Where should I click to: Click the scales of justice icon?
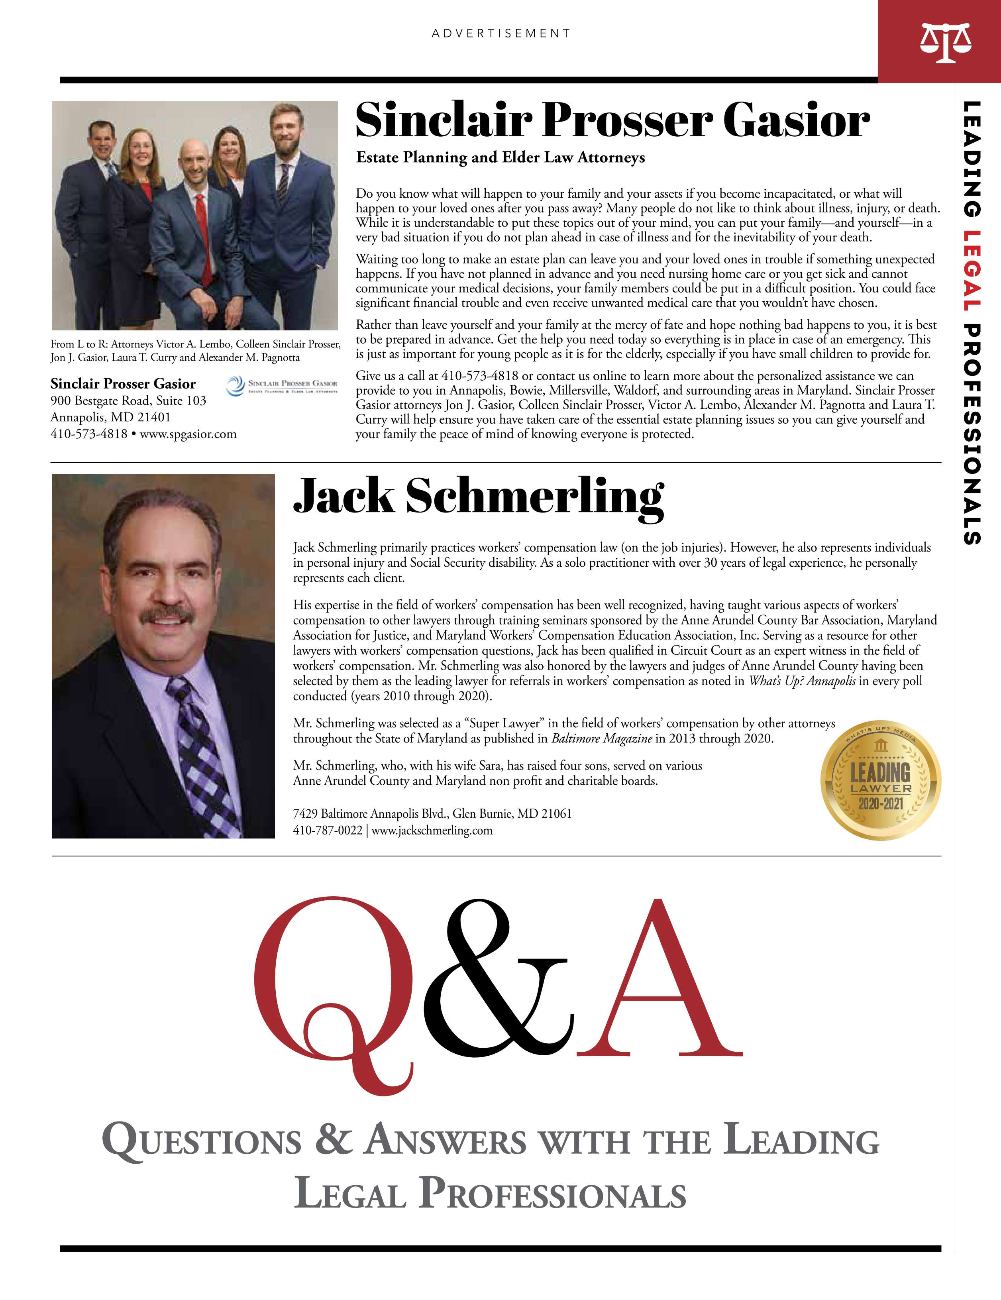[x=945, y=43]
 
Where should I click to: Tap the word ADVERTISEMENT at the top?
[x=501, y=34]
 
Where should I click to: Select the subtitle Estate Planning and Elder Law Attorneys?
[x=500, y=158]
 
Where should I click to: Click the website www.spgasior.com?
[x=188, y=434]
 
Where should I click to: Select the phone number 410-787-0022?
[x=328, y=831]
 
